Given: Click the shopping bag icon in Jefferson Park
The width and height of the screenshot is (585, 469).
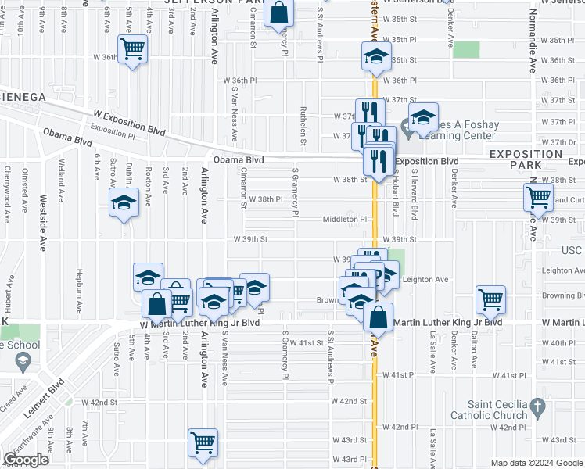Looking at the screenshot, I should click(278, 13).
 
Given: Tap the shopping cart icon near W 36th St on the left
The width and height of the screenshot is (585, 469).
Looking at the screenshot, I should click(132, 49).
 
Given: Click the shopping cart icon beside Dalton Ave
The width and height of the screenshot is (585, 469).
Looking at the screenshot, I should click(490, 298).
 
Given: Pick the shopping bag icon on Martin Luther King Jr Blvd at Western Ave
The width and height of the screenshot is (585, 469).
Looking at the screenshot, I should click(378, 317).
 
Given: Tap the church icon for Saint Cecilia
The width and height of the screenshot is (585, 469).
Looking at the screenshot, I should click(536, 406).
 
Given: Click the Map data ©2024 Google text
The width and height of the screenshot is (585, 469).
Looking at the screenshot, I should click(536, 463).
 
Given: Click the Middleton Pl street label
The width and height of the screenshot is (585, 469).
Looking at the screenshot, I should click(345, 220).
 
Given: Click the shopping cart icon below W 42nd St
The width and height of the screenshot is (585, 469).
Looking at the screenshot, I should click(203, 442).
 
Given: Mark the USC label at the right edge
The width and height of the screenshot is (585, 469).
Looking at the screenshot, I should click(573, 250).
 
